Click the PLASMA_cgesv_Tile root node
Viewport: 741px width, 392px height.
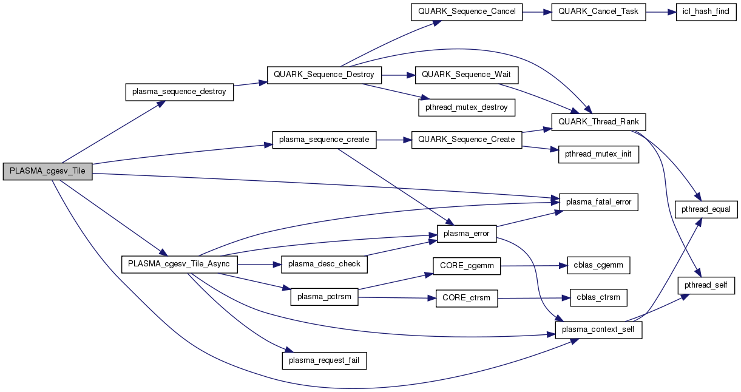coord(47,171)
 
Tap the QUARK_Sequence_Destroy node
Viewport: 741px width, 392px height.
coord(325,75)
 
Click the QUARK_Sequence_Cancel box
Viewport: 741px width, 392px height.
coord(466,12)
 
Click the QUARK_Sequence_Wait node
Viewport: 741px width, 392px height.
coord(466,75)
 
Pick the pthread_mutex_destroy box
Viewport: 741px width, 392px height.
coord(466,107)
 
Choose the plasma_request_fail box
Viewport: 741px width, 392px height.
coord(324,360)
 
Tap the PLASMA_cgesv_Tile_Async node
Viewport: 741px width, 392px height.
coord(180,265)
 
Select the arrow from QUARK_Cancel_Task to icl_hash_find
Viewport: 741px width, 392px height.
coord(661,12)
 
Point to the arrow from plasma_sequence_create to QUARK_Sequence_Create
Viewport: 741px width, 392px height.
coord(393,140)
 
